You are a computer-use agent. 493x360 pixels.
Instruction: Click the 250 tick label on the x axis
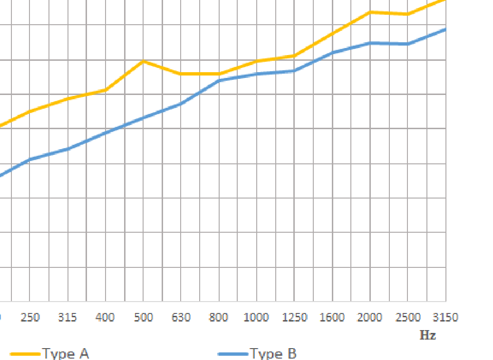[30, 317]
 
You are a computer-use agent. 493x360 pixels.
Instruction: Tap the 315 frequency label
[68, 317]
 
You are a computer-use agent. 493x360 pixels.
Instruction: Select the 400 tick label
[105, 317]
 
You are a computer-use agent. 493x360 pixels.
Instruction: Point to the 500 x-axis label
[143, 317]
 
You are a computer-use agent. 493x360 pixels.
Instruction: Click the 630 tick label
[181, 317]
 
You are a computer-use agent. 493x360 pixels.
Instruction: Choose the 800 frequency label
[219, 317]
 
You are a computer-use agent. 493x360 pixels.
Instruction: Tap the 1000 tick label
[256, 317]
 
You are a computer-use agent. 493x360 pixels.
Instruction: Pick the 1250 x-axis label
[294, 317]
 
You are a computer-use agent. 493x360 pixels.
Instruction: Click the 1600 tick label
[332, 317]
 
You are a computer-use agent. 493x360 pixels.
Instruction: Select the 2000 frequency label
[370, 317]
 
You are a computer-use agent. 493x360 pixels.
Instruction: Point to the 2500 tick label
[407, 317]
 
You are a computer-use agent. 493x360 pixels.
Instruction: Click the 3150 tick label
[445, 317]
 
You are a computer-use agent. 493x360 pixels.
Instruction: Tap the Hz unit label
[427, 335]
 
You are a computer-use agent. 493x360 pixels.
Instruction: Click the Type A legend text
[66, 354]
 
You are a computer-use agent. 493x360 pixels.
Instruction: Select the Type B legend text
[273, 354]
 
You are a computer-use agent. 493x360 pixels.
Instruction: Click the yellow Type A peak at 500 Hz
[143, 61]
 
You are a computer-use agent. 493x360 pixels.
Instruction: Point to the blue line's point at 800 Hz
[219, 80]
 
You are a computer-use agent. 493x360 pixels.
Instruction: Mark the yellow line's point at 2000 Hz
[370, 12]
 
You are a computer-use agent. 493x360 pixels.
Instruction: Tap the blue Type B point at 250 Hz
[30, 159]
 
